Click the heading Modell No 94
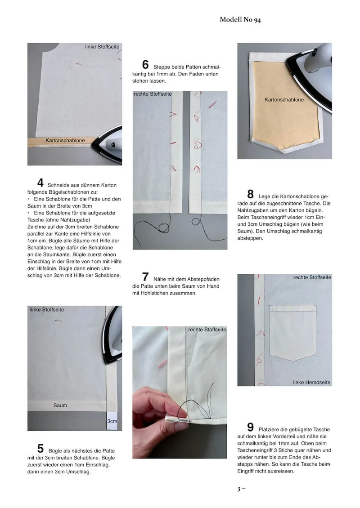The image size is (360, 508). click(x=240, y=20)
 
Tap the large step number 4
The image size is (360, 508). click(x=40, y=183)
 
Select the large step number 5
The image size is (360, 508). click(x=40, y=448)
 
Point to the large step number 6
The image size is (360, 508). click(x=145, y=64)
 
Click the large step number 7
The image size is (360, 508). click(x=145, y=276)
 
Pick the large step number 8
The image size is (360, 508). click(x=250, y=194)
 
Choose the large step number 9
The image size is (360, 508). click(x=250, y=427)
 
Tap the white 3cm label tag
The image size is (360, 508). click(x=112, y=421)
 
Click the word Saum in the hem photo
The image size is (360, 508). click(x=60, y=406)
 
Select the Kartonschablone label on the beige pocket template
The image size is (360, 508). click(x=284, y=100)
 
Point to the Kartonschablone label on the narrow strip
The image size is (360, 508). click(x=65, y=141)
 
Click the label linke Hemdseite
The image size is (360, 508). click(x=312, y=382)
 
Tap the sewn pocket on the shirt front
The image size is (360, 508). click(x=293, y=332)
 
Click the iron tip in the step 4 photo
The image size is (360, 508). click(x=93, y=145)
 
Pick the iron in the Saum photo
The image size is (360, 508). click(x=112, y=335)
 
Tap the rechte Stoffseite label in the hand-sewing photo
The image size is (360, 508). click(x=207, y=330)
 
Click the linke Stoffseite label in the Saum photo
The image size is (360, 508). click(x=47, y=310)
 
